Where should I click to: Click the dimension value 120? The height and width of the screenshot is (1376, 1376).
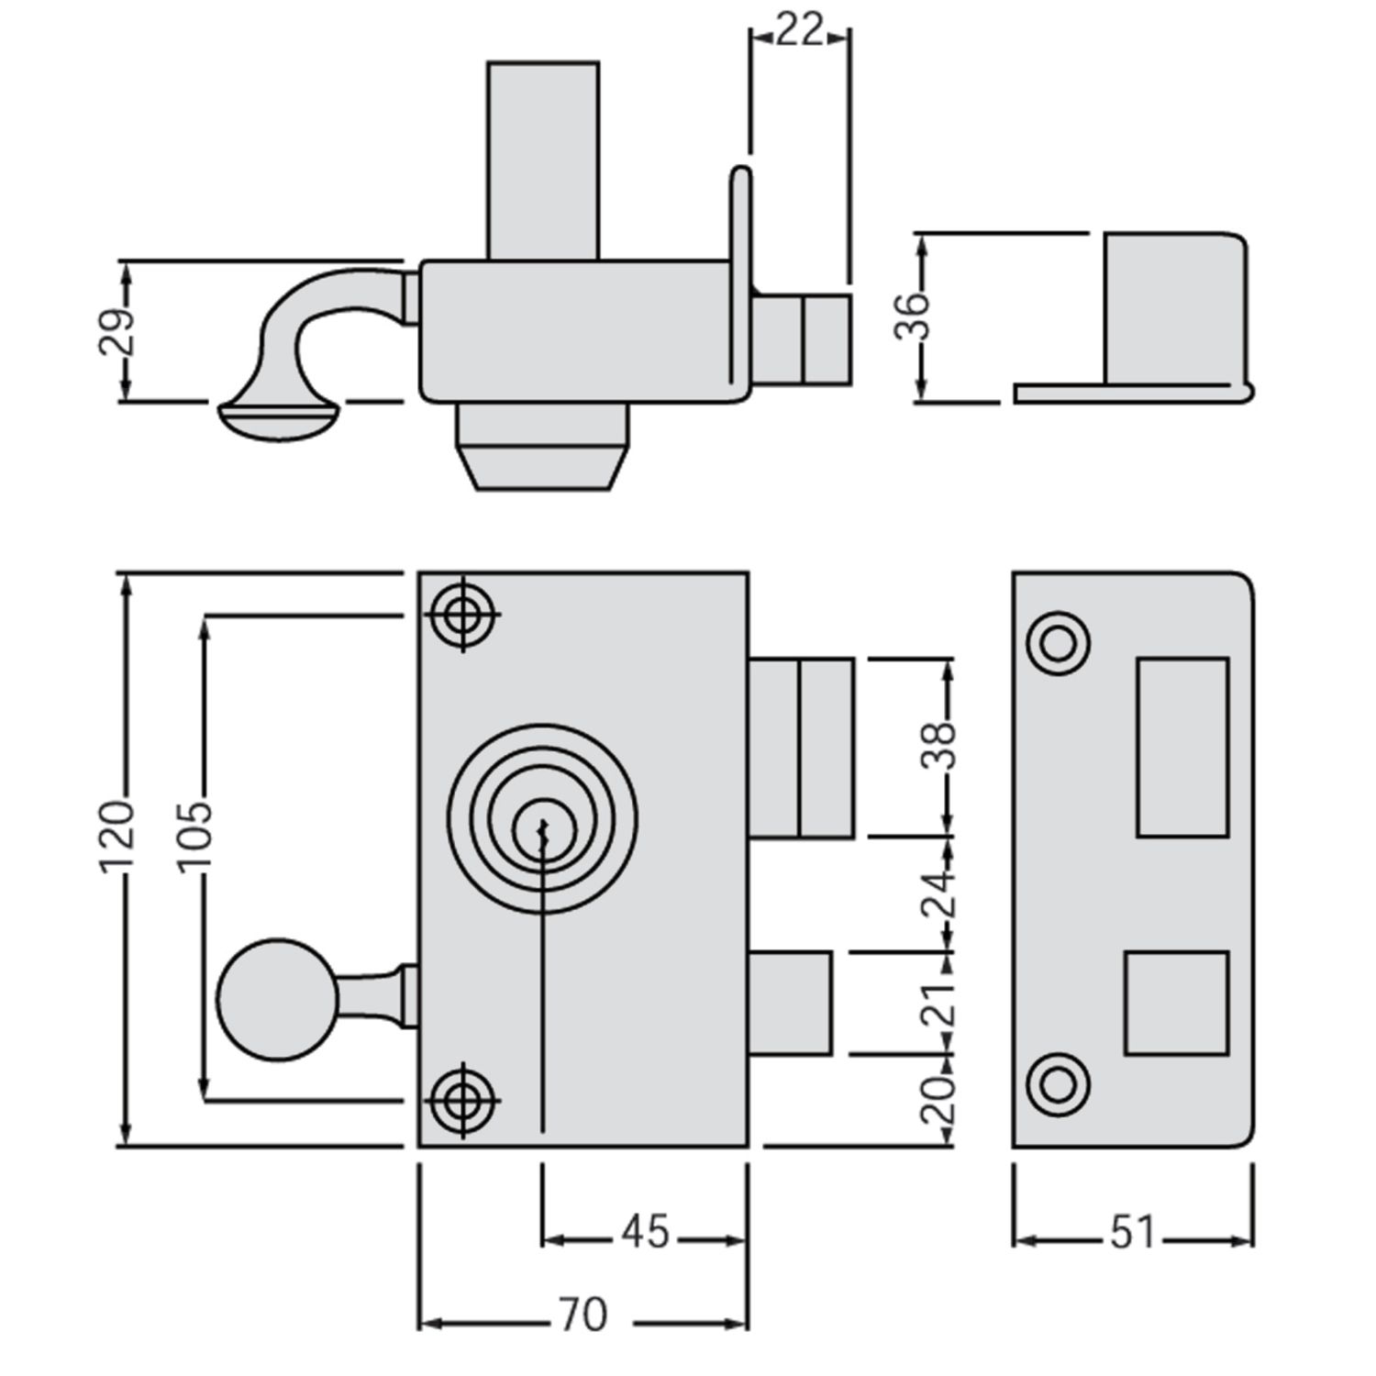(x=118, y=836)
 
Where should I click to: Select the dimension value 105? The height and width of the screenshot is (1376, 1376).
(x=194, y=836)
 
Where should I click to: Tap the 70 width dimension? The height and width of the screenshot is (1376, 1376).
(x=583, y=1316)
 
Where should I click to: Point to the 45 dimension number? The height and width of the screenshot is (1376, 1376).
(x=646, y=1231)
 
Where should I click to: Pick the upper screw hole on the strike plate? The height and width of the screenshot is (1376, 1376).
(x=1059, y=643)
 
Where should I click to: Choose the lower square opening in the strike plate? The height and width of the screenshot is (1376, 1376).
(x=1176, y=1003)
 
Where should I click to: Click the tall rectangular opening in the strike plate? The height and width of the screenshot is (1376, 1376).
(x=1182, y=747)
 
